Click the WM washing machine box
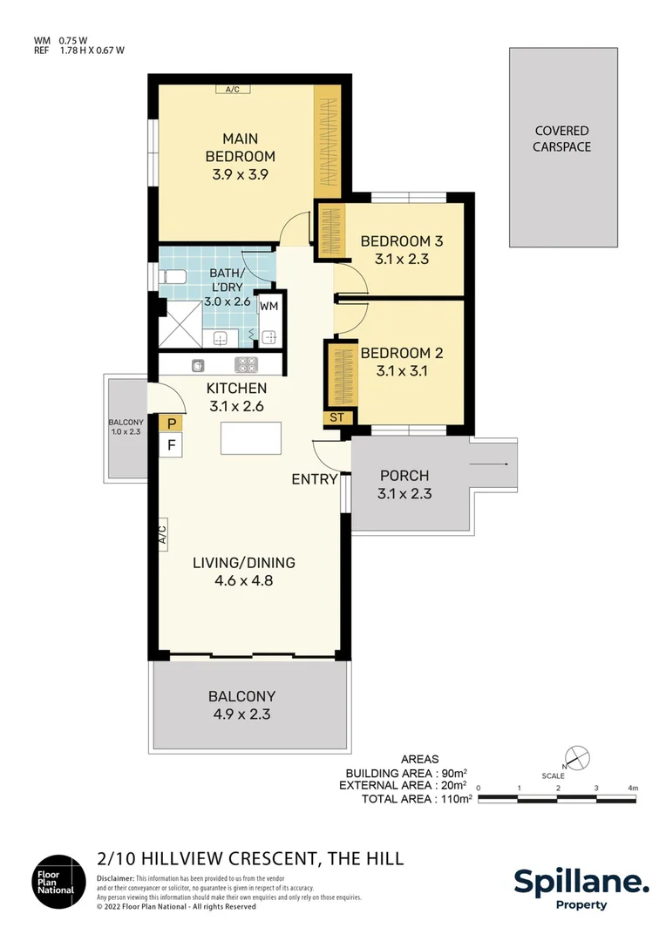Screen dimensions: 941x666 (x=269, y=306)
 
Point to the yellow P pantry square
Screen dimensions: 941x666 (x=172, y=424)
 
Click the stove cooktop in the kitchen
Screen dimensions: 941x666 (x=246, y=365)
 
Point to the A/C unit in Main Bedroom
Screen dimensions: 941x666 (x=232, y=89)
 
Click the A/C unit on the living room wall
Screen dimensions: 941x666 (x=162, y=533)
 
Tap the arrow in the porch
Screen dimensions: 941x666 (x=492, y=465)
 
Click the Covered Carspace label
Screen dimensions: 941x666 (x=562, y=139)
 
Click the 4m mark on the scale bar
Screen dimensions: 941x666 (x=633, y=789)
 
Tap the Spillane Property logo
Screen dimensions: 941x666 (x=581, y=888)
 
